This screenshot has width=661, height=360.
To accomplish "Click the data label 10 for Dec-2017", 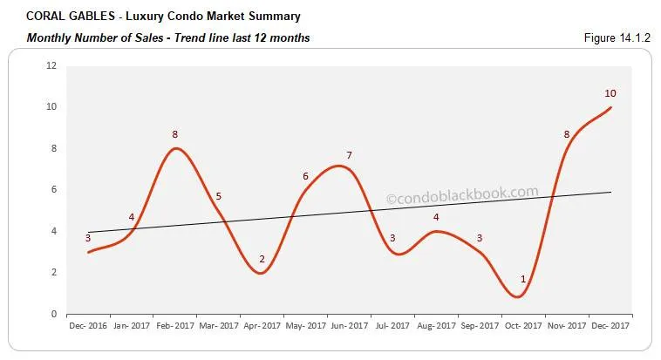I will click(x=610, y=93).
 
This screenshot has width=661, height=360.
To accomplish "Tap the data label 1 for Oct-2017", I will click(x=523, y=279).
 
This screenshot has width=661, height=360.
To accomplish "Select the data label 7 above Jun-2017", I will click(x=349, y=155).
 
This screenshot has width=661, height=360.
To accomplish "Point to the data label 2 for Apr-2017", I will click(x=262, y=259).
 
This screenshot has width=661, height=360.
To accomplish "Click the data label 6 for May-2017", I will click(x=305, y=176).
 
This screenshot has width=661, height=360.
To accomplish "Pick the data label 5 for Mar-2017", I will click(x=218, y=196).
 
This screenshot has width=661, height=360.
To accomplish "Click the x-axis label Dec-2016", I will click(x=87, y=325).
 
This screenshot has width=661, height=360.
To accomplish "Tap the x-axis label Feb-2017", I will click(x=174, y=325).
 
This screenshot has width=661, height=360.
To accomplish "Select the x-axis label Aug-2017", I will click(x=436, y=325).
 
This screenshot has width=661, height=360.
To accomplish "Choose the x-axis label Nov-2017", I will click(x=567, y=325).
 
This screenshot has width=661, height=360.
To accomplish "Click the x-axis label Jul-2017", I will click(x=392, y=325).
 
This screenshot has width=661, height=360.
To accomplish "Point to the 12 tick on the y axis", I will click(x=51, y=65).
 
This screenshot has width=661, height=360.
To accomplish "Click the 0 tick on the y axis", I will click(x=54, y=314).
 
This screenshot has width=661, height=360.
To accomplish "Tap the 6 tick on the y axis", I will click(x=54, y=189).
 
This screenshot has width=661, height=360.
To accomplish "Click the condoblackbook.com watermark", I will click(x=462, y=195).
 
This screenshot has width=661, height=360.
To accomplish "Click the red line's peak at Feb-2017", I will click(x=176, y=148).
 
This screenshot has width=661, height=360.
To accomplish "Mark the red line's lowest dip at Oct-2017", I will click(x=518, y=297).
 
